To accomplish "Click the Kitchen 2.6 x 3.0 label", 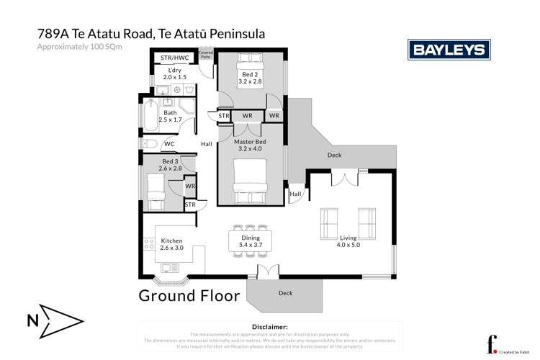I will [x=172, y=244].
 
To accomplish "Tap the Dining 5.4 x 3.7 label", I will [x=251, y=241].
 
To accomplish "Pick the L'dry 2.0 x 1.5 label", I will [x=171, y=73].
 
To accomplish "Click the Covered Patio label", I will [x=206, y=56].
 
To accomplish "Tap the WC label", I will [x=168, y=144].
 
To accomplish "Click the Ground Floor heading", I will [x=189, y=295].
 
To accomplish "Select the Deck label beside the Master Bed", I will [x=334, y=155].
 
